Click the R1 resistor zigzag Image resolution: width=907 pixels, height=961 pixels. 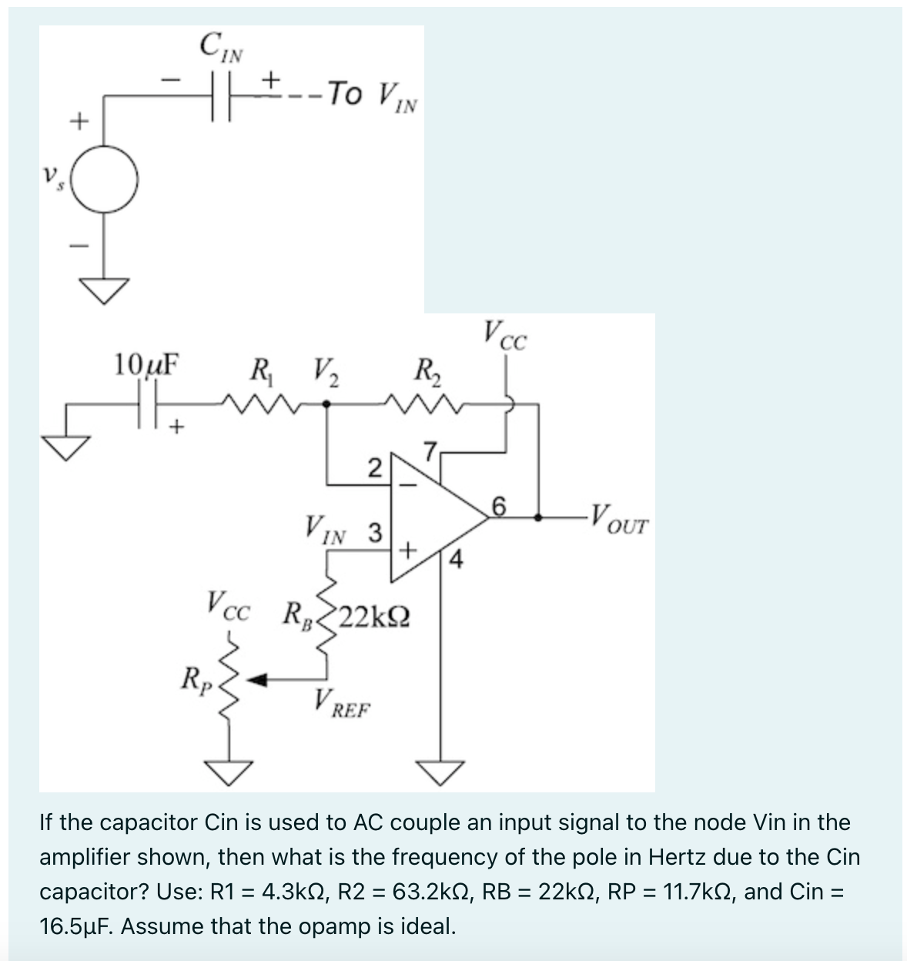pyautogui.click(x=255, y=401)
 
